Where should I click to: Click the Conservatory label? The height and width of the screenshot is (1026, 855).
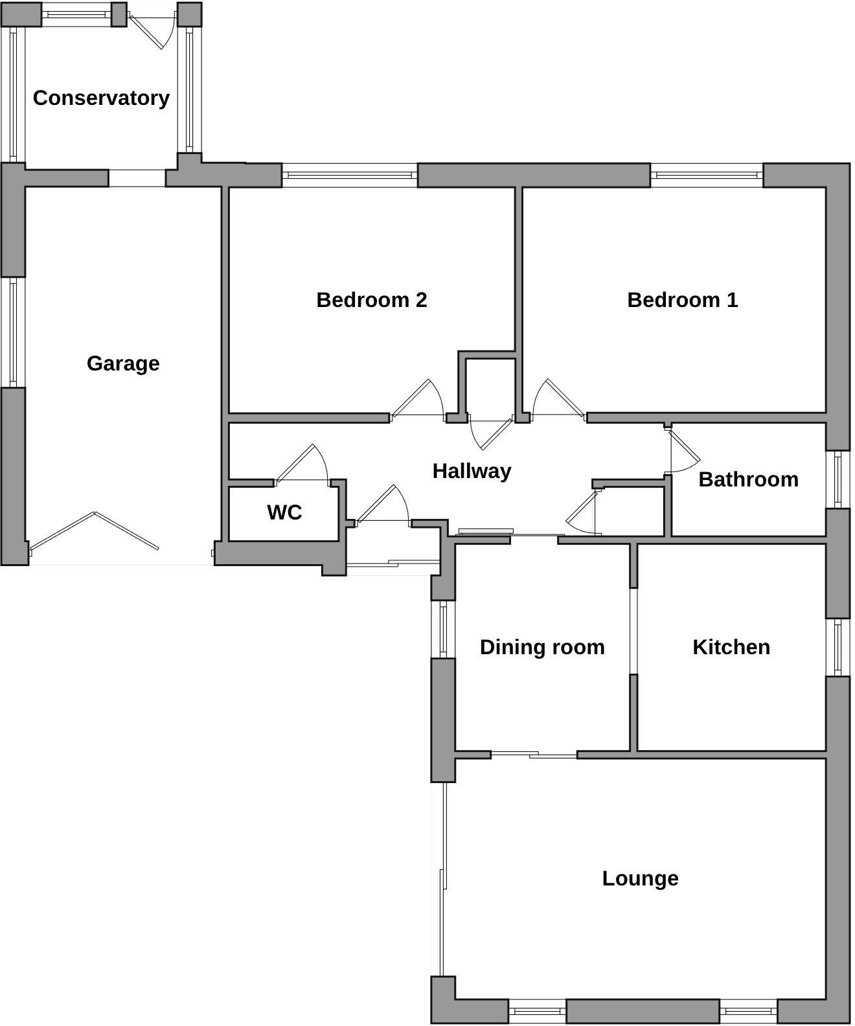click(x=101, y=98)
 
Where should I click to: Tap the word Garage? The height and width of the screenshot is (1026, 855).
click(x=123, y=363)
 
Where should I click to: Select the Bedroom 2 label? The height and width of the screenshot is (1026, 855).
click(x=371, y=300)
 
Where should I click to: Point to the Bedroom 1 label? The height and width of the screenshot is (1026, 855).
click(x=682, y=300)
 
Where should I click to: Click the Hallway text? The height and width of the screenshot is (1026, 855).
click(x=472, y=471)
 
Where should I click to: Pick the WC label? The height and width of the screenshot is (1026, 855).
click(x=284, y=512)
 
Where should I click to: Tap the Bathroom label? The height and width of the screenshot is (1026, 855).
click(x=748, y=479)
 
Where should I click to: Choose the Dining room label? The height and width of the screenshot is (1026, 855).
click(x=542, y=647)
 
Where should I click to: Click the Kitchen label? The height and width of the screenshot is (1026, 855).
click(x=731, y=647)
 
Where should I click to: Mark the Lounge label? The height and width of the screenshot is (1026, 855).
click(x=640, y=878)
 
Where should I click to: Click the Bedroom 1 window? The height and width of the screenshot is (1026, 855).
click(x=706, y=175)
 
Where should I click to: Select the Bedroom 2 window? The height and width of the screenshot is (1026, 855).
click(x=350, y=175)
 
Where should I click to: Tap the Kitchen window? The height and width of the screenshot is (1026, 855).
click(x=838, y=646)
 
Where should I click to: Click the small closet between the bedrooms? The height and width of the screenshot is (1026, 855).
click(x=490, y=385)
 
